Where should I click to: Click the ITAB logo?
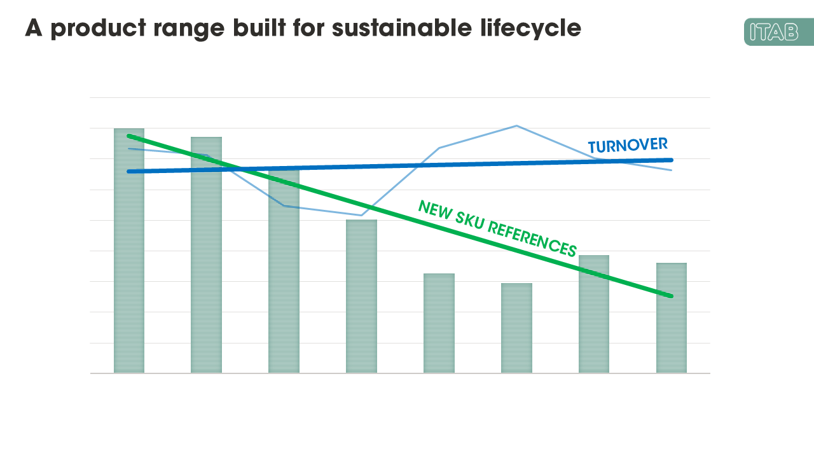point(778,32)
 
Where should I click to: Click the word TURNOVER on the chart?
point(627,145)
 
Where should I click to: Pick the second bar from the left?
point(207,254)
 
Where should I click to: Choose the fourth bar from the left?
point(361,296)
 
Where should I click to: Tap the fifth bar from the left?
point(439,323)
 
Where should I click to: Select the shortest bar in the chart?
point(516,328)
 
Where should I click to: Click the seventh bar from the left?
point(594,314)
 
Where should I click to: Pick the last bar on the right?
point(672,318)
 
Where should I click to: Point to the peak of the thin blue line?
point(516,126)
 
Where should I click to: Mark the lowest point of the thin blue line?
point(361,216)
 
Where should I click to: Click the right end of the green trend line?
point(671,296)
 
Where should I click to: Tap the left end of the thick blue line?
point(129,171)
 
